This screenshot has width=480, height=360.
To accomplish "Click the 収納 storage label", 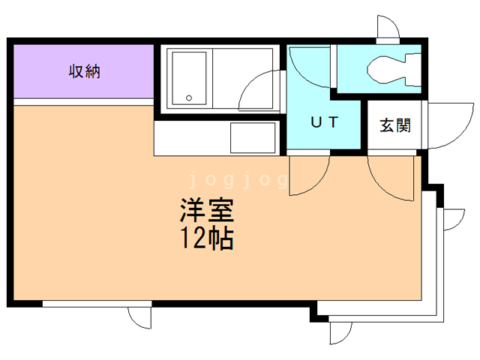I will pos(85,72).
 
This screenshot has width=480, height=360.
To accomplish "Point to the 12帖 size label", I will pos(205,238).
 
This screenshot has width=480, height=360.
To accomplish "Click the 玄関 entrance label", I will pos(394,124).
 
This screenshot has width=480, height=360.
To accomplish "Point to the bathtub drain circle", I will pos(190,97).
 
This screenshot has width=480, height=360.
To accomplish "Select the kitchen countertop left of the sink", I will pos(191,138).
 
